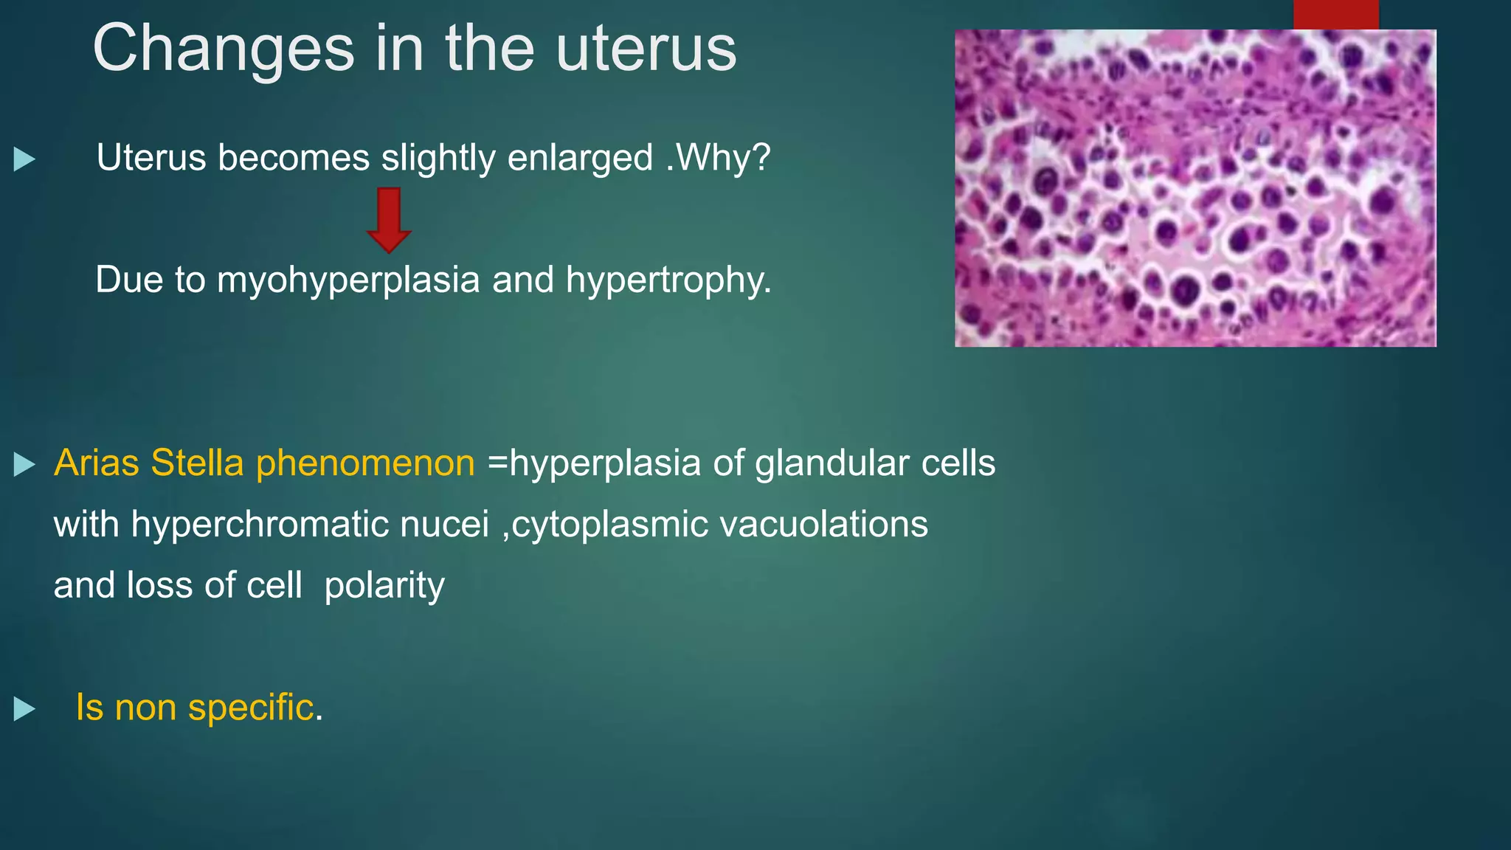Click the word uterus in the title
(646, 49)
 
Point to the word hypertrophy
(668, 280)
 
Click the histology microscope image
(1194, 188)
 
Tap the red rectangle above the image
(1335, 14)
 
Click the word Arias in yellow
(97, 463)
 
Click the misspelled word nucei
(444, 525)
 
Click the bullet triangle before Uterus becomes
(24, 159)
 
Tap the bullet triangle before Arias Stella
(24, 465)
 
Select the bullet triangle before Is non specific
(24, 709)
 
